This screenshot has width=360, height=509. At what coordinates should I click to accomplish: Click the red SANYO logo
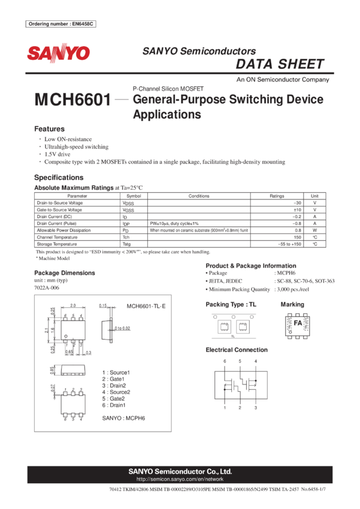click(x=58, y=54)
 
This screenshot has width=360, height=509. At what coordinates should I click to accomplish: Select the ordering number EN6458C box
click(x=61, y=24)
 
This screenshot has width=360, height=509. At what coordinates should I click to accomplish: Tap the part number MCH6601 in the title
click(x=72, y=100)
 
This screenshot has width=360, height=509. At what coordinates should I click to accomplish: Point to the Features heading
click(x=49, y=129)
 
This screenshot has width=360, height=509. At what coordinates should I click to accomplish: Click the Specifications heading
click(x=59, y=178)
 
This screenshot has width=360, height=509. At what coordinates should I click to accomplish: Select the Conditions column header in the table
click(x=199, y=196)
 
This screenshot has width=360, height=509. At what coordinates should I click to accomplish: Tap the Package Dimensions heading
click(x=64, y=272)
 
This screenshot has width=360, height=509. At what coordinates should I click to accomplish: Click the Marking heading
click(x=292, y=305)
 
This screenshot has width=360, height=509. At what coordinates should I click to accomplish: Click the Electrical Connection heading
click(x=236, y=350)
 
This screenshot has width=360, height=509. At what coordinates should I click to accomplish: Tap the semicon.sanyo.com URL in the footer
click(x=180, y=479)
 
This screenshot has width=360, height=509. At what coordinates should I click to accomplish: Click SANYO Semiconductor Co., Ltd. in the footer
click(x=180, y=471)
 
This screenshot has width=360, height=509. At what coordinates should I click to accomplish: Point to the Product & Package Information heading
click(x=250, y=265)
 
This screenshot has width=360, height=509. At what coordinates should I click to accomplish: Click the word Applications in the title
click(x=167, y=115)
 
